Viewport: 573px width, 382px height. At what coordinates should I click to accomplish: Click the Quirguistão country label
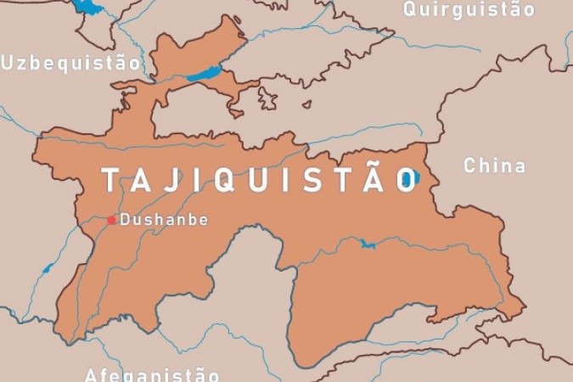[x=469, y=10]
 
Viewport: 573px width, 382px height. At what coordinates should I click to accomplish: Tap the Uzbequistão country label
[x=70, y=62]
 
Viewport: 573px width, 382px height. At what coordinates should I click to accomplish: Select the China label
[x=494, y=166]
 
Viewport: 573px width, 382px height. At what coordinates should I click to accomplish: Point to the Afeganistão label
[x=152, y=374]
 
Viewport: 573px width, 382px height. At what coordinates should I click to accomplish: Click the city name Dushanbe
[x=164, y=219]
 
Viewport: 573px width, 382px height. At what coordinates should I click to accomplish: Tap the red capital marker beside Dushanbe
[x=111, y=220]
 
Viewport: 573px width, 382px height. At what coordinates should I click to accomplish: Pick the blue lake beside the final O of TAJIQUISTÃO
[x=415, y=178]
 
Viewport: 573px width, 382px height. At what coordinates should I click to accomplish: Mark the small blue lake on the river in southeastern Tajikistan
[x=368, y=244]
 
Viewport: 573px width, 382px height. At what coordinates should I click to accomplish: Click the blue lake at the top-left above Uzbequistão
[x=87, y=8]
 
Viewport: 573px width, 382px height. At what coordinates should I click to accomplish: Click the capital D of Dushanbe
[x=126, y=219]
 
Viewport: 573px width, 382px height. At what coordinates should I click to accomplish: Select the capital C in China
[x=469, y=166]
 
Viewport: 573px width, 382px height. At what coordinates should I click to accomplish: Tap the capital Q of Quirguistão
[x=410, y=9]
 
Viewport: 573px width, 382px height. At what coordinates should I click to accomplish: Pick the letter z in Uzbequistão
[x=24, y=62]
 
